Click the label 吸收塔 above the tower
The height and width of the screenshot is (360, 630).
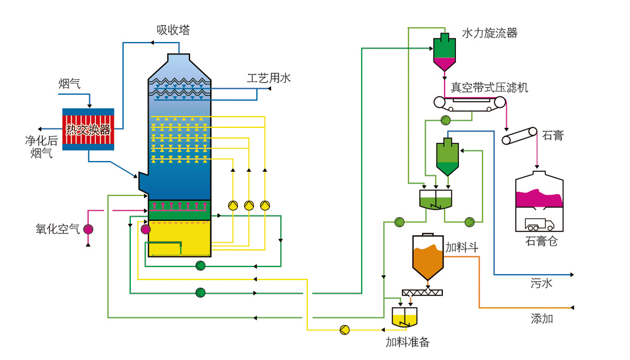173,30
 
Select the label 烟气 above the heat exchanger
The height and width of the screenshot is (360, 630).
69,83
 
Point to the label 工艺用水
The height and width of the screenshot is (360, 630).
269,78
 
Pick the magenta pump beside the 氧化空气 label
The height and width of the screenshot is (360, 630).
88,229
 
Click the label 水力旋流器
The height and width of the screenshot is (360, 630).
490,33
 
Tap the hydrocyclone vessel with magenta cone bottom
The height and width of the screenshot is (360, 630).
445,52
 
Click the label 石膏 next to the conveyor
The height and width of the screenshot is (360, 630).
553,136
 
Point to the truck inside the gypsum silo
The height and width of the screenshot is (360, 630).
539,224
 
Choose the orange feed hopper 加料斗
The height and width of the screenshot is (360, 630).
427,258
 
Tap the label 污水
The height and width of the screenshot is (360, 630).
541,284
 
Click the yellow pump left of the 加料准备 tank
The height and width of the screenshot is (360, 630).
345,329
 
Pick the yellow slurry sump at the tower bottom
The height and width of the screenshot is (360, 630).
179,237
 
